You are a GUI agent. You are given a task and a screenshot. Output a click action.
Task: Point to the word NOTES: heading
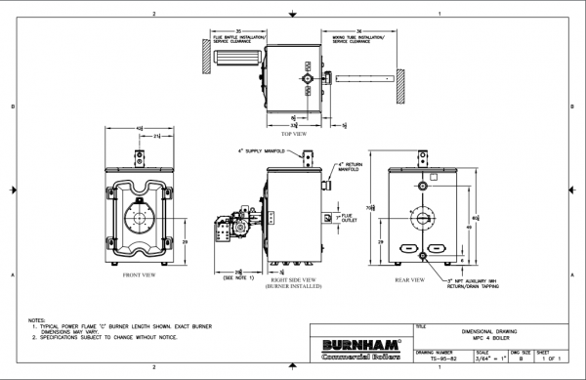point(38,319)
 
